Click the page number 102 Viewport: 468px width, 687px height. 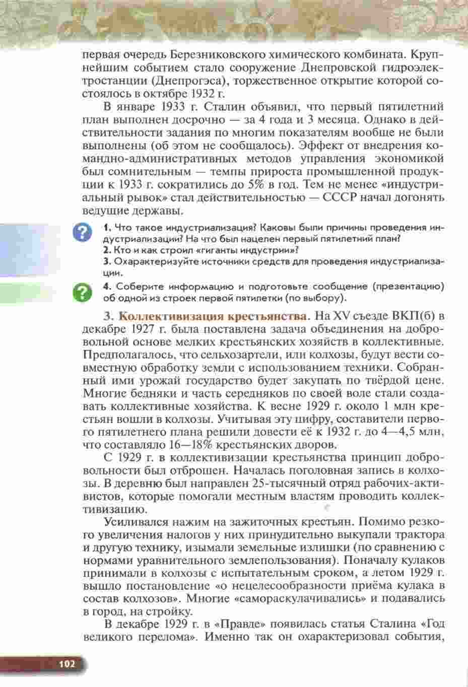66,664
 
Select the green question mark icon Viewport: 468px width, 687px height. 82,292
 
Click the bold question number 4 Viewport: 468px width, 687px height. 106,287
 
